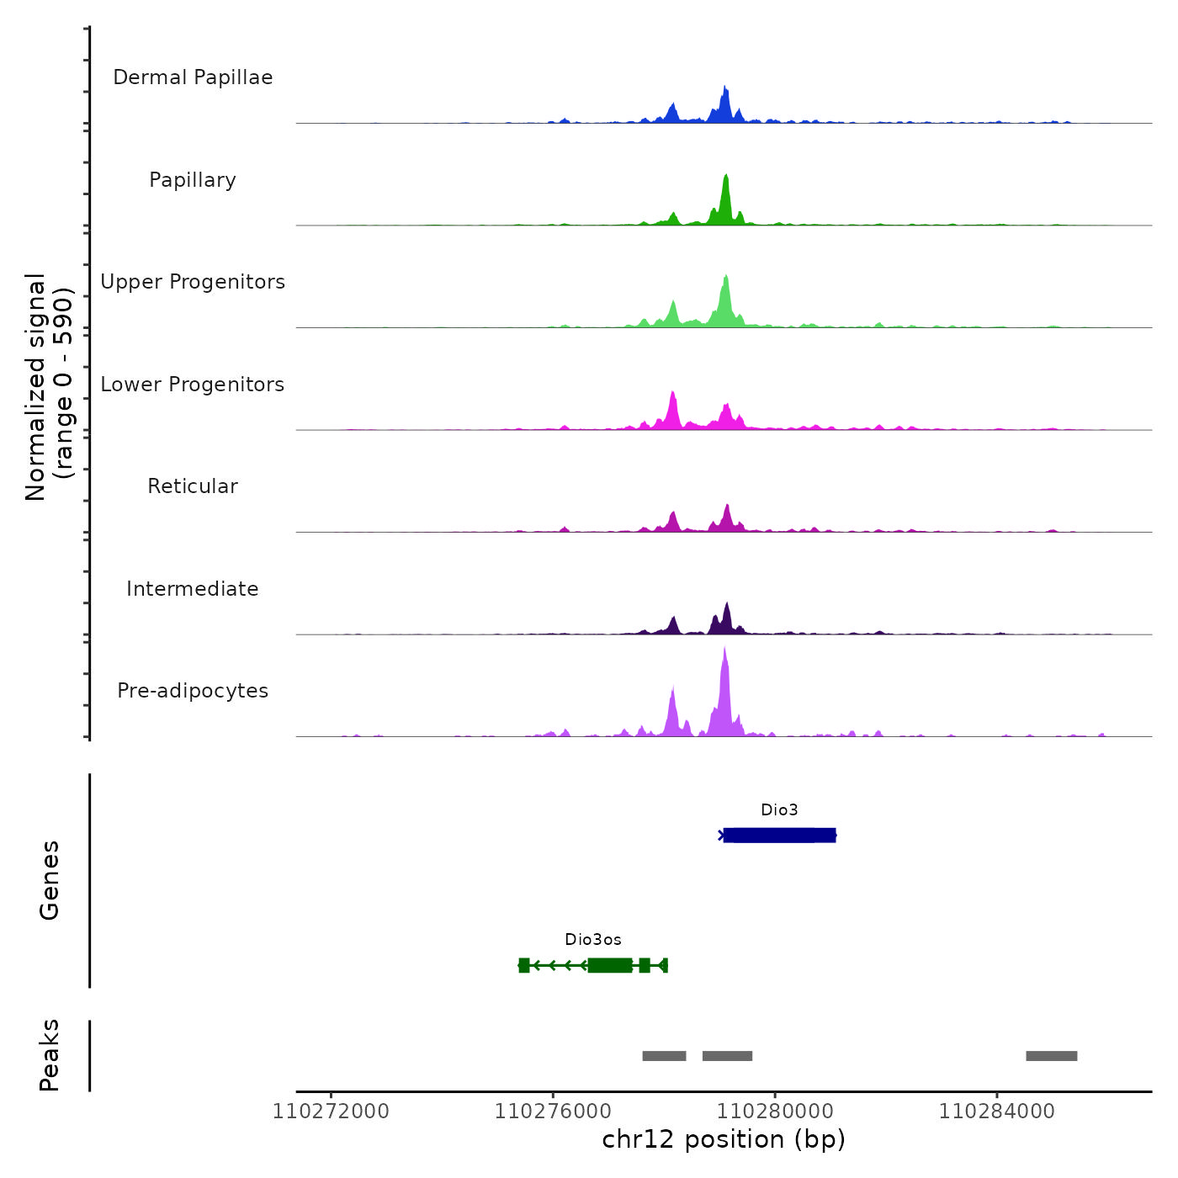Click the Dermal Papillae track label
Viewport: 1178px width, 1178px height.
[x=193, y=77]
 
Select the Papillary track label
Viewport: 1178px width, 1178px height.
[x=193, y=180]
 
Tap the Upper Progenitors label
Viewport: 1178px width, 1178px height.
[x=193, y=282]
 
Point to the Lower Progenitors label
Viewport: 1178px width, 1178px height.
[x=193, y=385]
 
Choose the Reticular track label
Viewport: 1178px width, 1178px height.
[x=193, y=486]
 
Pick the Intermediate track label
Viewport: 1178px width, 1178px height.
[x=193, y=589]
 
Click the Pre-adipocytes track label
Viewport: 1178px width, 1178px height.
[x=193, y=691]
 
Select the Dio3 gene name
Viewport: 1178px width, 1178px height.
[x=779, y=810]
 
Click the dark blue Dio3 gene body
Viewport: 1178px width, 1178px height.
[x=779, y=836]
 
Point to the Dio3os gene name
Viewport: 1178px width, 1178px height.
[x=593, y=940]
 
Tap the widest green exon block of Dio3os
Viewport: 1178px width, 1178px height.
[x=610, y=965]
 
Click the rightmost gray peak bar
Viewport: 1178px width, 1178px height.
[x=1051, y=1056]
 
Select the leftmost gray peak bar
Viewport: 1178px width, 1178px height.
[x=664, y=1056]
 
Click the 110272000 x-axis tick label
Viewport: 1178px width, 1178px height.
[x=331, y=1112]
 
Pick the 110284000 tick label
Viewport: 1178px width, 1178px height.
[x=996, y=1112]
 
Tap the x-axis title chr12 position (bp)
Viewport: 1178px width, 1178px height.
[x=724, y=1139]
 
